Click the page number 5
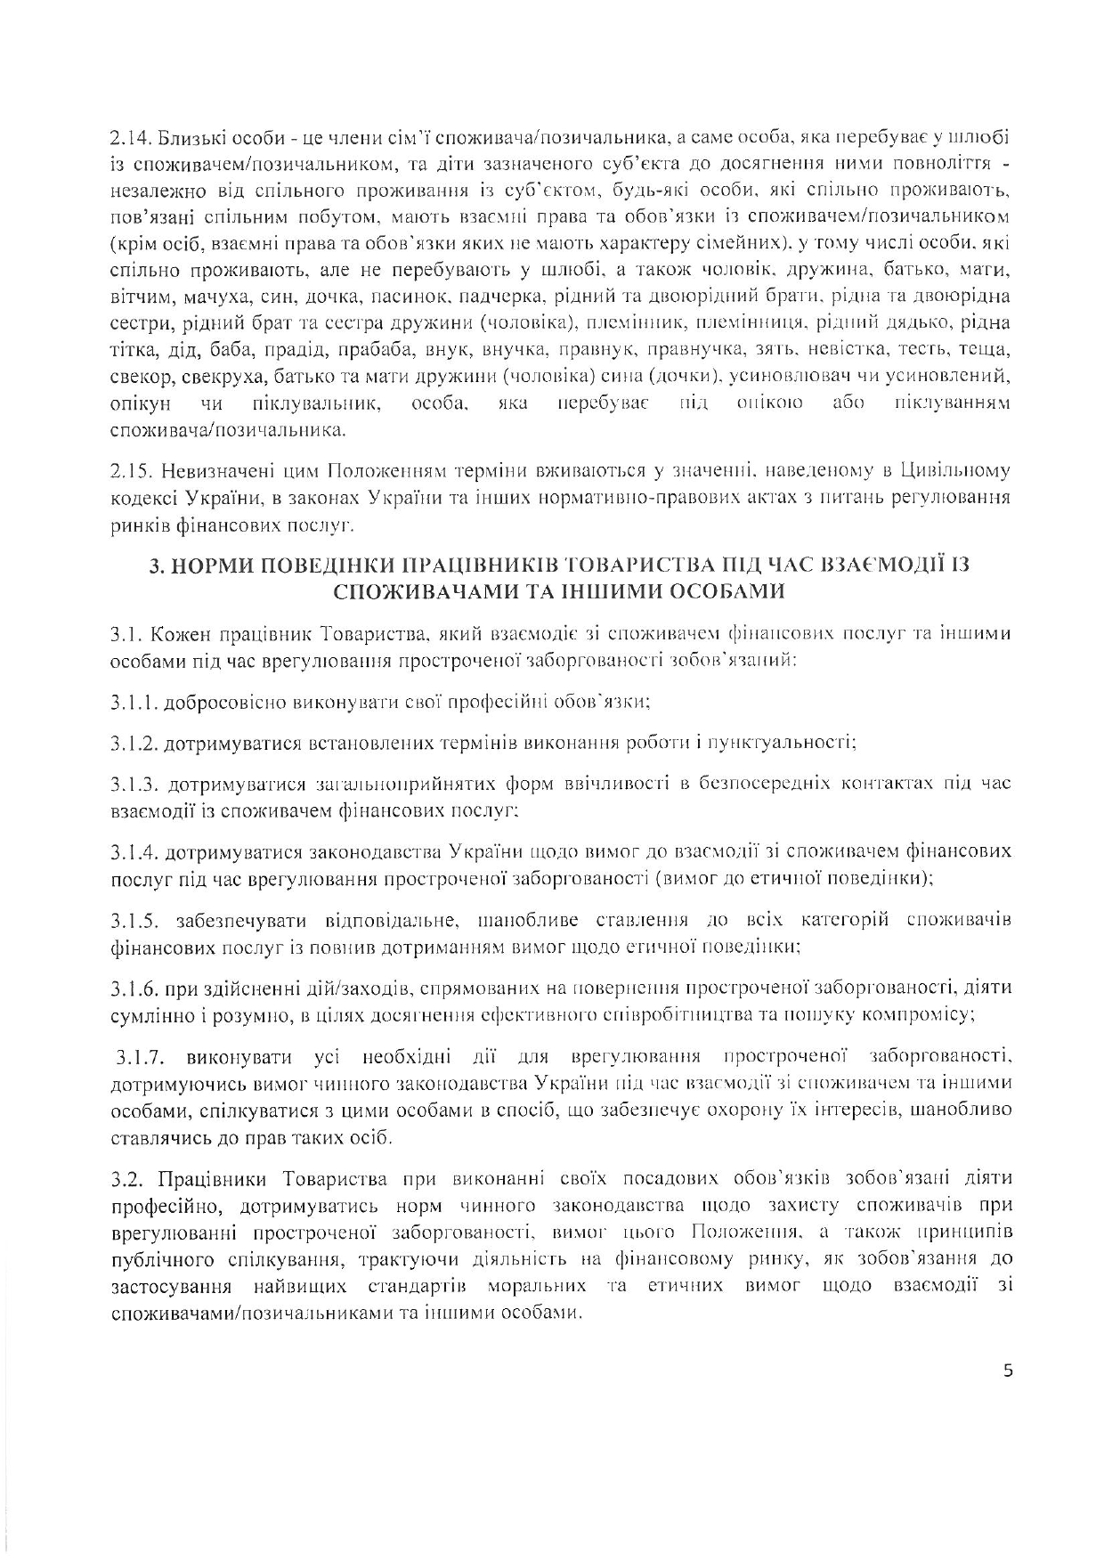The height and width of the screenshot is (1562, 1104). (x=1008, y=1371)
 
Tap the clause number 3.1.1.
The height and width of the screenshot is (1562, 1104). (x=134, y=702)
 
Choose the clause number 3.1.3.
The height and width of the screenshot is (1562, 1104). (x=134, y=784)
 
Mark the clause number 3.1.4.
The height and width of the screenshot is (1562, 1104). (x=134, y=852)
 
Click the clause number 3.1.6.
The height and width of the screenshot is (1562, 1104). (x=134, y=988)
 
